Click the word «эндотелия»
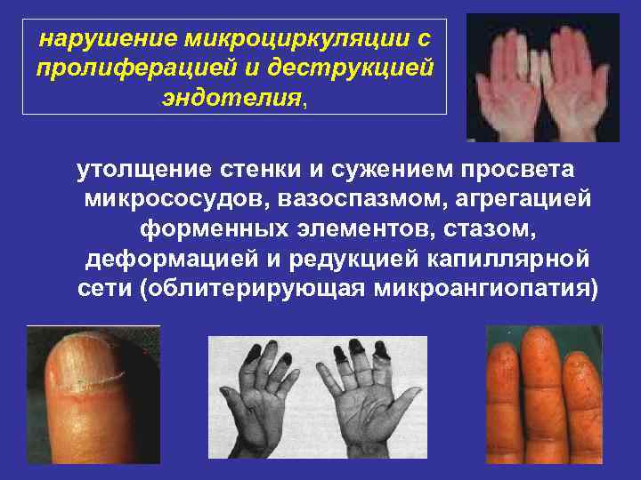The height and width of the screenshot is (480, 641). tap(231, 98)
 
